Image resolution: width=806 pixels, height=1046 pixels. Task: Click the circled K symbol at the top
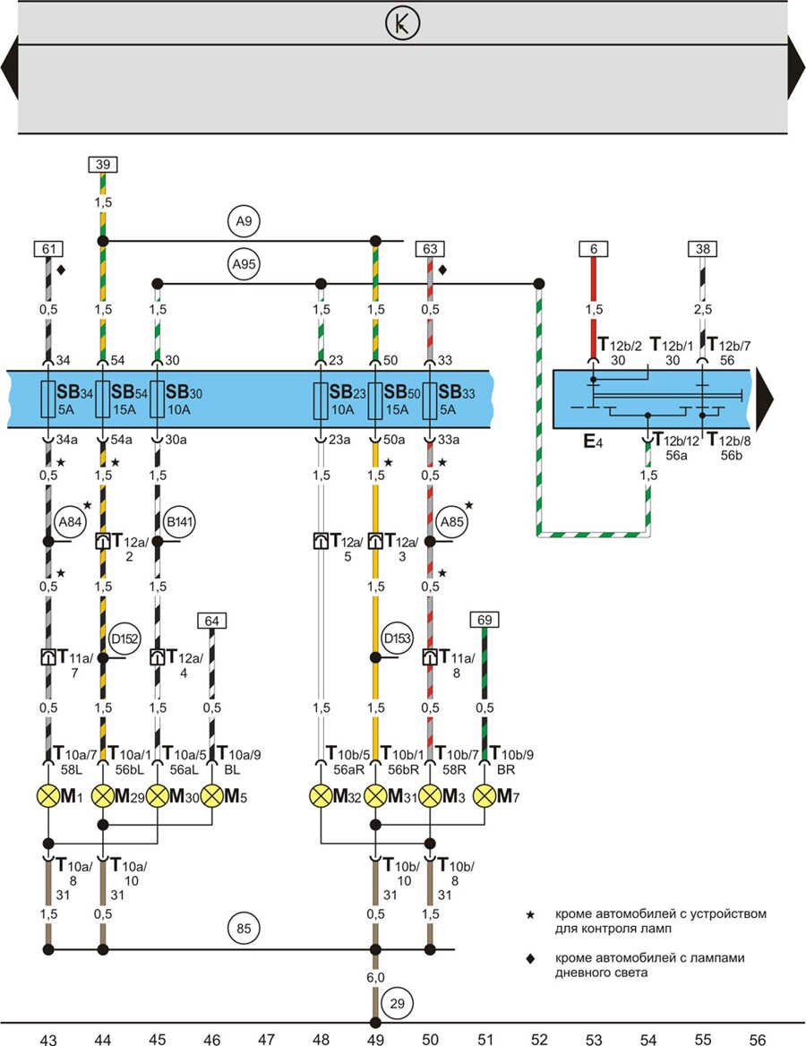pyautogui.click(x=402, y=23)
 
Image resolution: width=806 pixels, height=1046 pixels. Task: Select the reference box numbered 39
pyautogui.click(x=103, y=164)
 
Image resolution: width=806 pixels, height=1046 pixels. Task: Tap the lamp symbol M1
pyautogui.click(x=48, y=795)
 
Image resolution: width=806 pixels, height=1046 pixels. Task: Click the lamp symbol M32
pyautogui.click(x=321, y=795)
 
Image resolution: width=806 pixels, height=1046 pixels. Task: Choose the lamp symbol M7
pyautogui.click(x=484, y=795)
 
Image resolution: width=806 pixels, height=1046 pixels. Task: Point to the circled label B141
pyautogui.click(x=179, y=521)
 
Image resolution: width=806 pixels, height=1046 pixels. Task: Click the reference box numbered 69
pyautogui.click(x=484, y=620)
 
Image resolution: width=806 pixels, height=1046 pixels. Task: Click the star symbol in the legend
pyautogui.click(x=531, y=914)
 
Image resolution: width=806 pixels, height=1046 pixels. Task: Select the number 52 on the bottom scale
pyautogui.click(x=539, y=1039)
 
